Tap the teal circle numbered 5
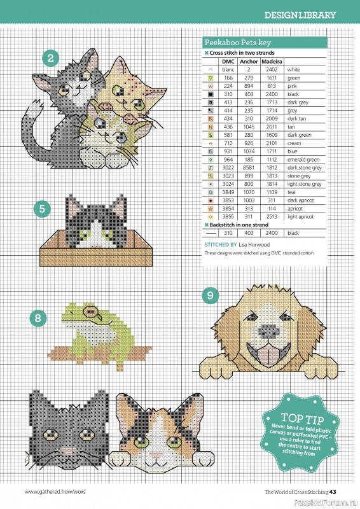pyautogui.click(x=41, y=208)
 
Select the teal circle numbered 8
pyautogui.click(x=39, y=316)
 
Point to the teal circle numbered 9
pyautogui.click(x=210, y=296)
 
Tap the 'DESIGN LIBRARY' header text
pyautogui.click(x=300, y=14)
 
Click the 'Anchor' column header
pyautogui.click(x=248, y=62)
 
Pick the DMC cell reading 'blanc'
pyautogui.click(x=228, y=70)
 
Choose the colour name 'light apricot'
pyautogui.click(x=300, y=216)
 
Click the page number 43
pyautogui.click(x=341, y=491)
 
